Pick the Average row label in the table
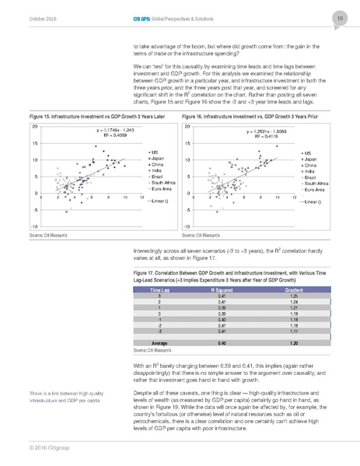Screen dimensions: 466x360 [159, 342]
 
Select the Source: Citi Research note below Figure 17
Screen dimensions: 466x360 [153, 351]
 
